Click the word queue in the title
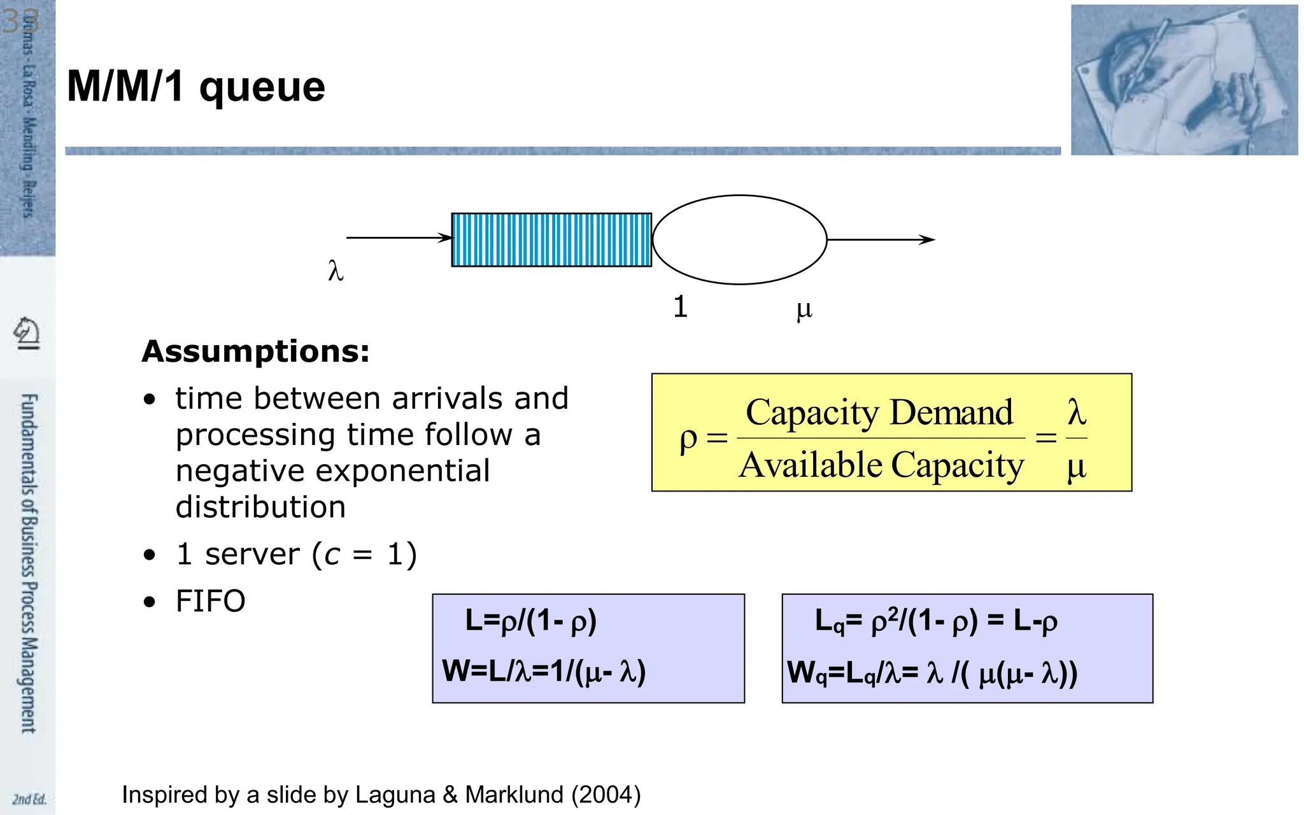[262, 88]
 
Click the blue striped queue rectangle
[551, 240]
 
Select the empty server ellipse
[739, 240]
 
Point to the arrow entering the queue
[399, 237]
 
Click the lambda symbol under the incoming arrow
[336, 271]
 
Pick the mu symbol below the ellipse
[804, 309]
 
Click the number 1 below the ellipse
[680, 307]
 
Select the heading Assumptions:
[255, 351]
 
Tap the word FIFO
[210, 601]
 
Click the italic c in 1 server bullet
[332, 555]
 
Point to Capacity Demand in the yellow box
[879, 413]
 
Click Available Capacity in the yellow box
[881, 465]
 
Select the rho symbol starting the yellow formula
[688, 439]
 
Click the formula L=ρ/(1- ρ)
[530, 621]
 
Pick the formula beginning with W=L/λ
[544, 671]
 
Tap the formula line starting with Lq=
[936, 621]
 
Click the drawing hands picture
[1184, 80]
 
